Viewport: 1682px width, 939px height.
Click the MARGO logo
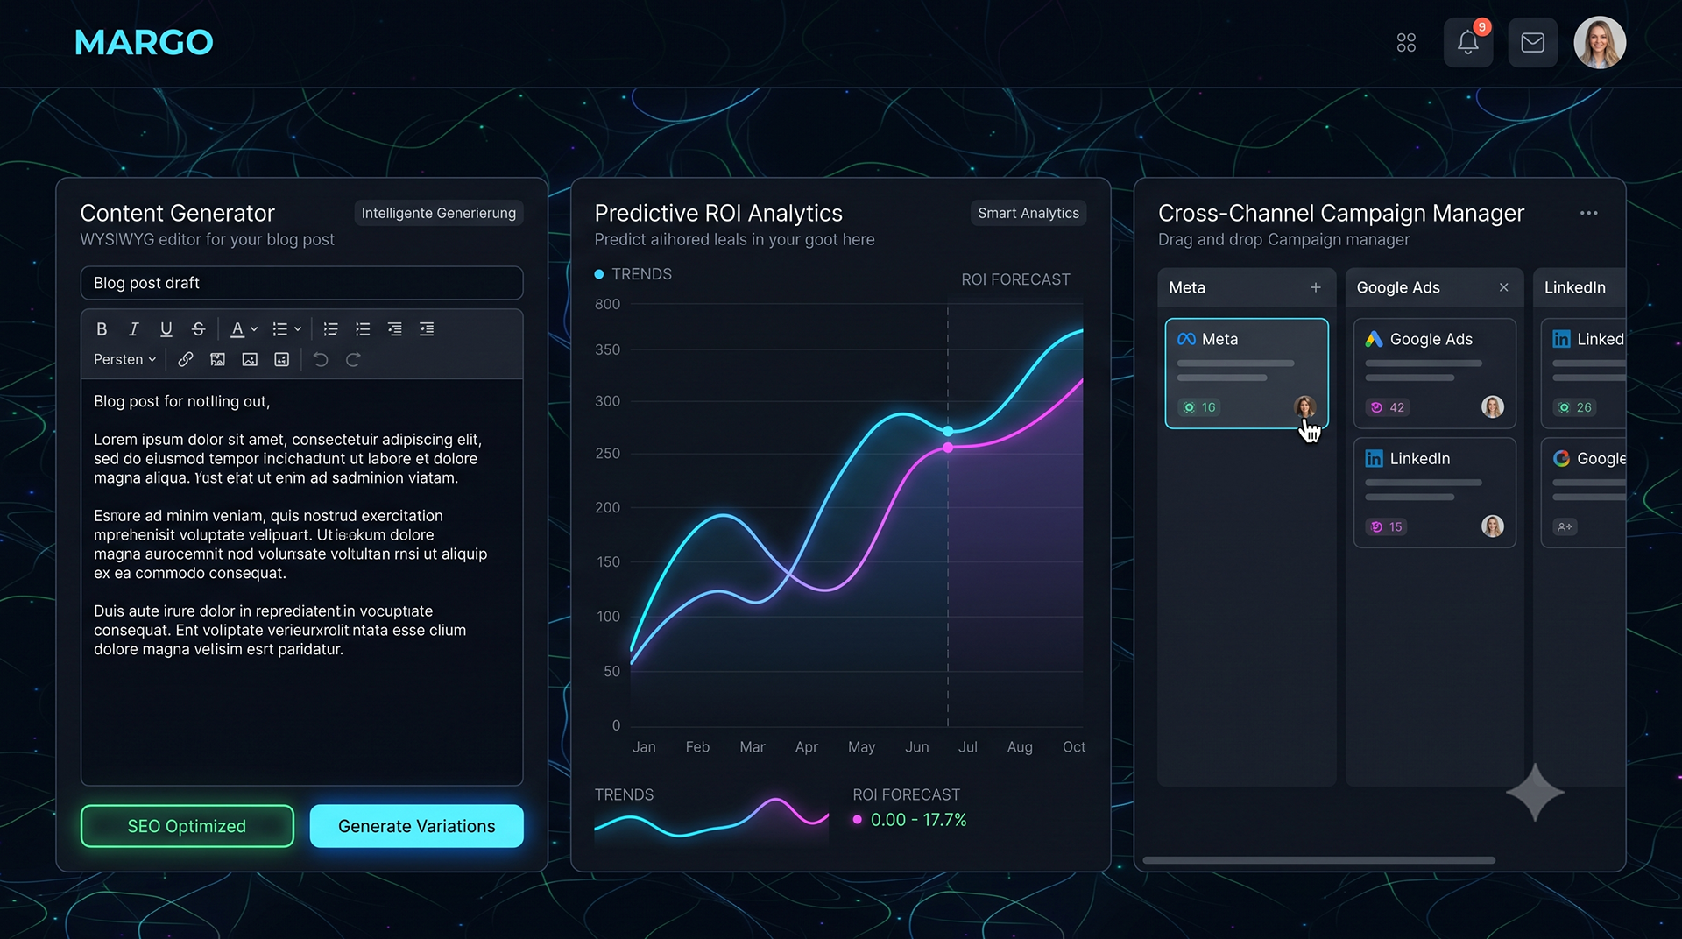point(144,42)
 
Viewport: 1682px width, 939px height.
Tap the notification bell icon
point(1468,42)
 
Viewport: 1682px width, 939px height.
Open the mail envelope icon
point(1532,42)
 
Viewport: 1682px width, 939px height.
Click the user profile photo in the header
point(1600,42)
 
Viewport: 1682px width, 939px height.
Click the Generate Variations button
point(417,826)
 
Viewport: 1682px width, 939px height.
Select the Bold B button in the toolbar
point(102,329)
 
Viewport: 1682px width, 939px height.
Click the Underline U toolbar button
point(166,329)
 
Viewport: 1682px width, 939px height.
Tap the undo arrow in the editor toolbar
point(321,359)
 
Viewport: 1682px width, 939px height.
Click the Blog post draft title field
point(302,283)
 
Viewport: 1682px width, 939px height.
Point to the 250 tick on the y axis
point(607,454)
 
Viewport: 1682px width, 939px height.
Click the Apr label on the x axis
point(806,747)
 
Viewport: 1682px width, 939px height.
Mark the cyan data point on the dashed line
point(948,431)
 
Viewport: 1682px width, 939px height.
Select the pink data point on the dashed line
point(948,448)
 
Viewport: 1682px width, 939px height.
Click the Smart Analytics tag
point(1028,213)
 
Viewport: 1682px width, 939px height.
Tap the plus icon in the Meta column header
point(1316,287)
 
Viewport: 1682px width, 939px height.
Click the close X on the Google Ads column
point(1504,287)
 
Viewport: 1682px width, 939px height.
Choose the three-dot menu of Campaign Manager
point(1589,213)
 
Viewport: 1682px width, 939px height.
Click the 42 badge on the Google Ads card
point(1388,407)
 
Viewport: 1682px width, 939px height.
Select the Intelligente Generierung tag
point(439,213)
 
